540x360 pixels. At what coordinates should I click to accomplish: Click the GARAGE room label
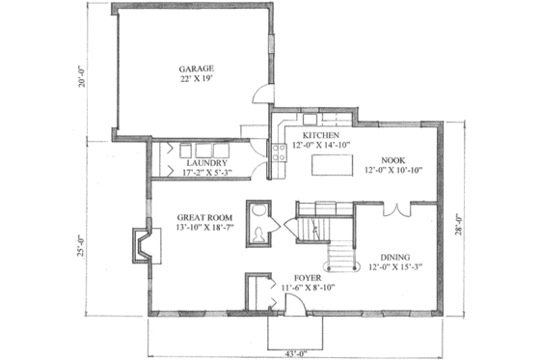tap(195, 69)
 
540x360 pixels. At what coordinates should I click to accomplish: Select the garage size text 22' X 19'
tap(195, 80)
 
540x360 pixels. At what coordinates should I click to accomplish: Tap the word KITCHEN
tap(319, 134)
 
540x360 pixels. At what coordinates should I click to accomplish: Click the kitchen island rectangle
tap(330, 168)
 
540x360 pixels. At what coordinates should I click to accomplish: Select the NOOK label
tap(392, 159)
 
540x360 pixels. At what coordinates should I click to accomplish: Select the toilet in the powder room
tap(258, 232)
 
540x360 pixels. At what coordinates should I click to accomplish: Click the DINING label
tap(393, 257)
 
